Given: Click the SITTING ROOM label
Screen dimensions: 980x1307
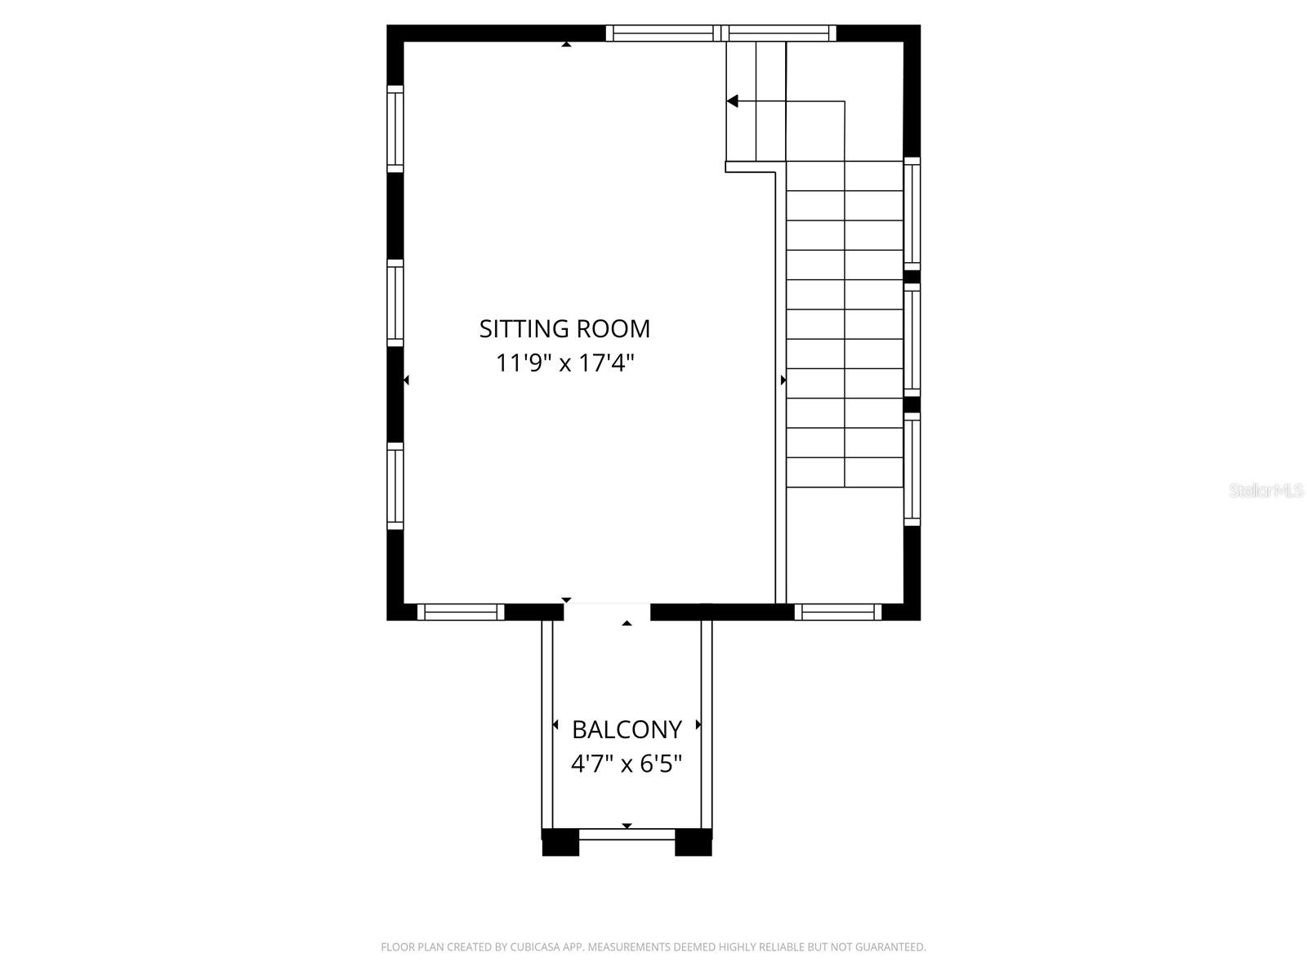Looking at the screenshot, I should pyautogui.click(x=564, y=328).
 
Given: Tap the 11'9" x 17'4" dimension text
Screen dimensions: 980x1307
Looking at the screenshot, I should pyautogui.click(x=564, y=363).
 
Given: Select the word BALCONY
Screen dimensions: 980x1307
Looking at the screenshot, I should pyautogui.click(x=627, y=729).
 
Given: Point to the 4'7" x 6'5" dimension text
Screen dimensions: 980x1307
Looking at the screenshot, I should pyautogui.click(x=627, y=764).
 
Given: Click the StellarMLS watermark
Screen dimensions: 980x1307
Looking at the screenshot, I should pyautogui.click(x=1266, y=491).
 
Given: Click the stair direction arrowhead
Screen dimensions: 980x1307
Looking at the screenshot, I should pyautogui.click(x=733, y=101).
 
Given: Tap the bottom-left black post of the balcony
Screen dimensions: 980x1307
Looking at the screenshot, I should pyautogui.click(x=560, y=842).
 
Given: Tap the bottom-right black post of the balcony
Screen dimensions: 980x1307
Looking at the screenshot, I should pyautogui.click(x=693, y=842).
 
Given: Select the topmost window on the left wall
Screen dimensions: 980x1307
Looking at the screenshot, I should pyautogui.click(x=395, y=129).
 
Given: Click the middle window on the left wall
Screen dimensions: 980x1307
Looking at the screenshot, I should pyautogui.click(x=395, y=303).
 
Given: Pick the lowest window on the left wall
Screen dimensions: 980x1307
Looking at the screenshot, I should pyautogui.click(x=395, y=487).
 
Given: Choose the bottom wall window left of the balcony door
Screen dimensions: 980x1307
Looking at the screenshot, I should pyautogui.click(x=461, y=612).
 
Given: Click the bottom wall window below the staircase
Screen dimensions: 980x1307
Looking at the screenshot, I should pyautogui.click(x=838, y=612).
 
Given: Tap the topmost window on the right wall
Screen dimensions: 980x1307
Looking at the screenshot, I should pyautogui.click(x=912, y=214).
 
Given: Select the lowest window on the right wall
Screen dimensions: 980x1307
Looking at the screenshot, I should pyautogui.click(x=912, y=469).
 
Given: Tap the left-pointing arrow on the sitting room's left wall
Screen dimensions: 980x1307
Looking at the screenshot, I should pyautogui.click(x=407, y=380).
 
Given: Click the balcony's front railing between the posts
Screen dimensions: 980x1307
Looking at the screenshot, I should pyautogui.click(x=627, y=834).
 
